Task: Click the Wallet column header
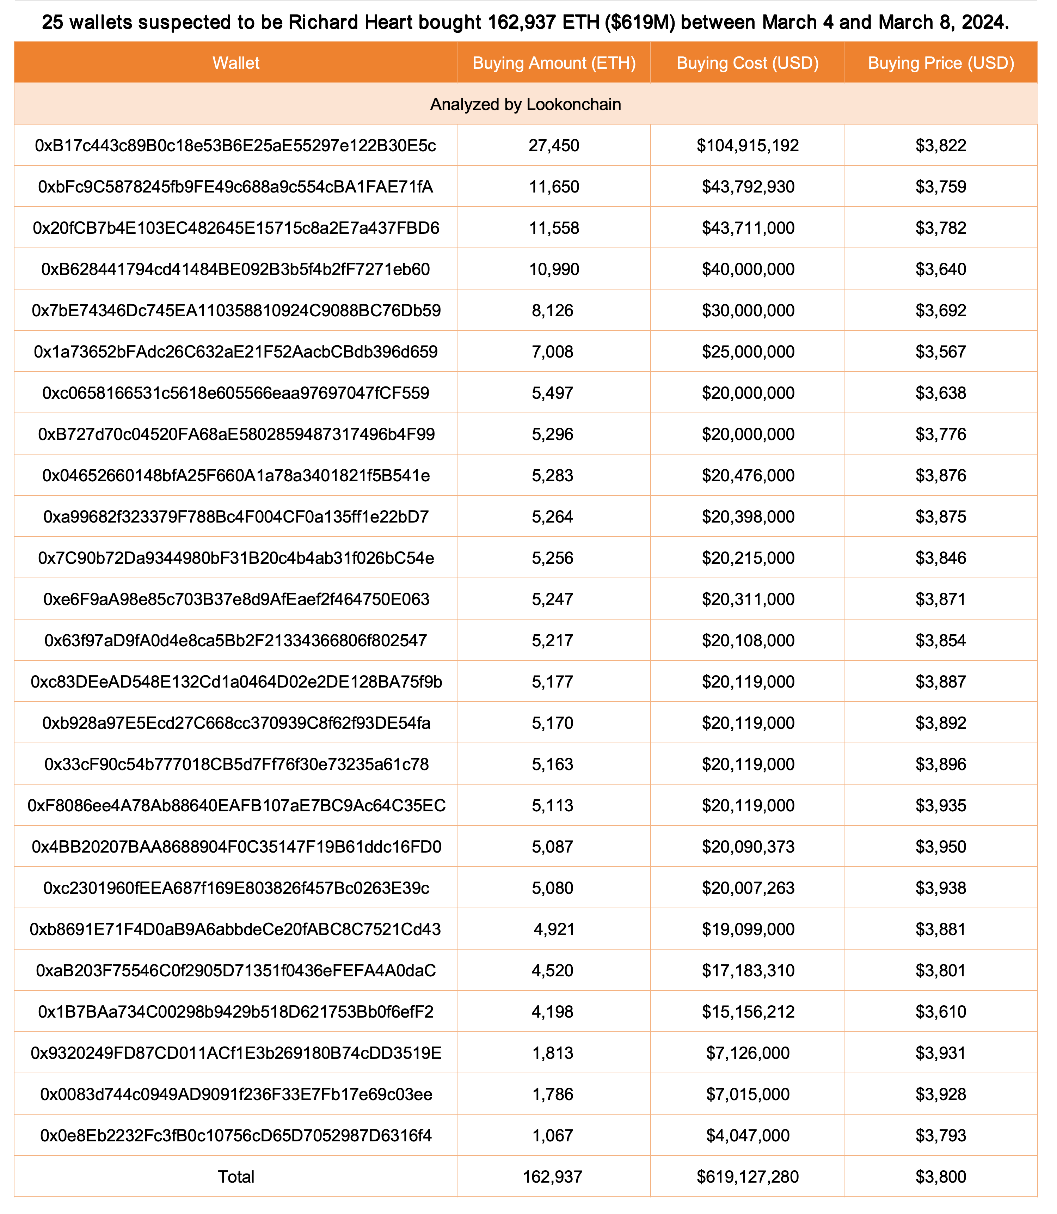coord(236,63)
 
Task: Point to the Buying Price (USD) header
coord(941,63)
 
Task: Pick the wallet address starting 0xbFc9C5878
coord(236,187)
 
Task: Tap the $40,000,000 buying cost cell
coord(748,270)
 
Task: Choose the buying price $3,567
coord(941,352)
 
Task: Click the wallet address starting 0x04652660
coord(236,476)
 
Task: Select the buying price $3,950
coord(941,847)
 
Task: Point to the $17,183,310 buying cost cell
coord(748,971)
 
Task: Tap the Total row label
coord(236,1177)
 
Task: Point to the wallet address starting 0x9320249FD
coord(236,1053)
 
